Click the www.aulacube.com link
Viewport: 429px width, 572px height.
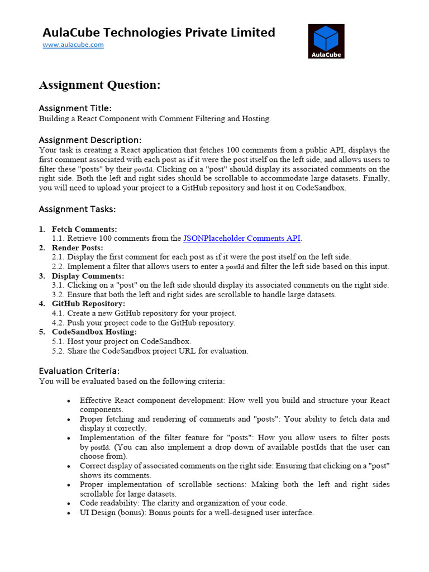coord(73,45)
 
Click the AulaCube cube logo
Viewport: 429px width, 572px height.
coord(326,41)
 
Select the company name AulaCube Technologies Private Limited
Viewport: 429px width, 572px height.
coord(159,32)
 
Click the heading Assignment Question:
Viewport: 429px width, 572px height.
coord(99,85)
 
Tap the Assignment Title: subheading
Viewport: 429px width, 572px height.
coord(75,108)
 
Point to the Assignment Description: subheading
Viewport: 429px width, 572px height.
coord(90,140)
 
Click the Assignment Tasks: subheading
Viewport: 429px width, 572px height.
coord(77,209)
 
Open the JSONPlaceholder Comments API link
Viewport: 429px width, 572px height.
coord(242,239)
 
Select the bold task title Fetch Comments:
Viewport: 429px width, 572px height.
coord(84,229)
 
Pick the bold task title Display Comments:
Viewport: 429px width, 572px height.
coord(88,276)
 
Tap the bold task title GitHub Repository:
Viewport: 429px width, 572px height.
coord(88,304)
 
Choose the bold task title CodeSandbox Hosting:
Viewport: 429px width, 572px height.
coord(94,332)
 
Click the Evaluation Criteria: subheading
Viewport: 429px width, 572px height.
coord(79,371)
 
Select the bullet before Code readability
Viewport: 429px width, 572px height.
coord(68,503)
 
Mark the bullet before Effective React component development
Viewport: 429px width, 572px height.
coord(68,401)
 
